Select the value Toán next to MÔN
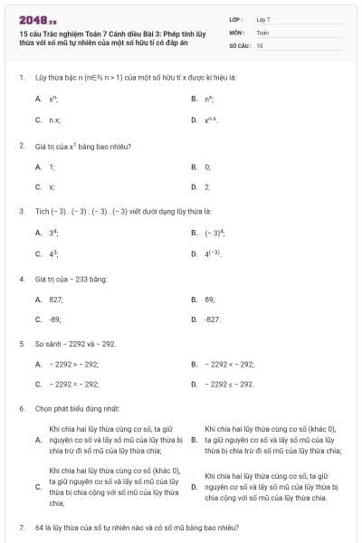coord(262,32)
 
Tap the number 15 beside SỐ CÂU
coord(260,44)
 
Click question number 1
coord(21,78)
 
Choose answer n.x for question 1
coord(55,119)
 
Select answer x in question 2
coord(52,187)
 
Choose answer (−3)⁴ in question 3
coord(214,233)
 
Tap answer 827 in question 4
coord(56,299)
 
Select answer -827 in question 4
coord(213,319)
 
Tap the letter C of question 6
coord(38,487)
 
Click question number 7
coord(21,527)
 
